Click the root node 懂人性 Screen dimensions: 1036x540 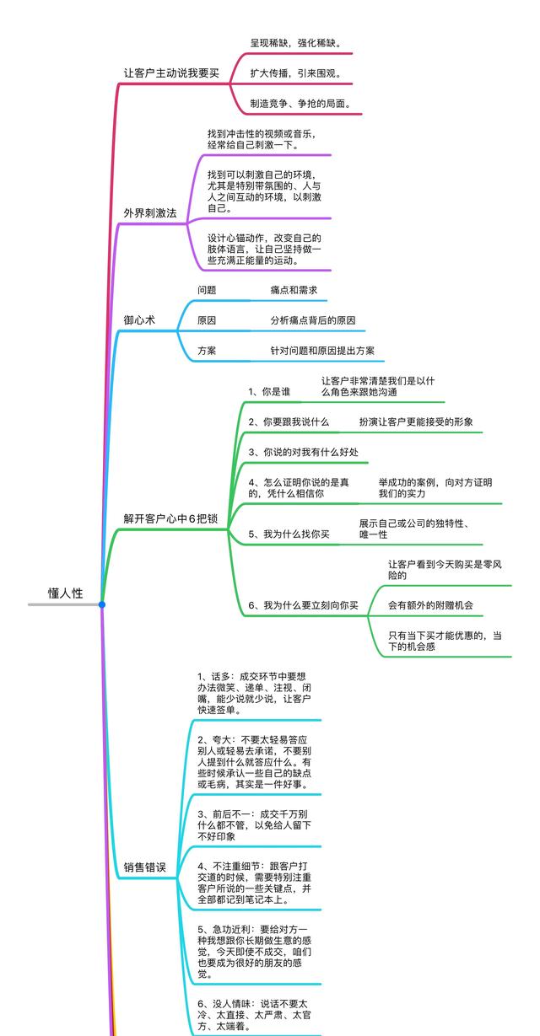65,593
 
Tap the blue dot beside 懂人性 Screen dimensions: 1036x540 101,604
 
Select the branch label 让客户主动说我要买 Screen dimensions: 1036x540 171,73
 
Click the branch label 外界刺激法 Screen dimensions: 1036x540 150,213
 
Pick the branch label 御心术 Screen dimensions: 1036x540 139,320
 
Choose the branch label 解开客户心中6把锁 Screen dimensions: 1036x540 170,518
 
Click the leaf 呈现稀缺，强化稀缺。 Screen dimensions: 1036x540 295,42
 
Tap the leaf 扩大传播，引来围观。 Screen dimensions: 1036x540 295,73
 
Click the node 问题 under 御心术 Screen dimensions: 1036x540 207,290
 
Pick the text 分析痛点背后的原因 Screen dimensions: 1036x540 312,320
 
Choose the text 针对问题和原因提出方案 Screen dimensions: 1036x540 322,351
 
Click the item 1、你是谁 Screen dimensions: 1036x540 269,392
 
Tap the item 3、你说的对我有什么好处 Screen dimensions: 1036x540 303,452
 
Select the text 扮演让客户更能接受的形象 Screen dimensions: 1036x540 416,421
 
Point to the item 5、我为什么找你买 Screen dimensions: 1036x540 289,534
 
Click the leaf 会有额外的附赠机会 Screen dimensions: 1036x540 430,605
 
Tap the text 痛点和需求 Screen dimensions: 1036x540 294,290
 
